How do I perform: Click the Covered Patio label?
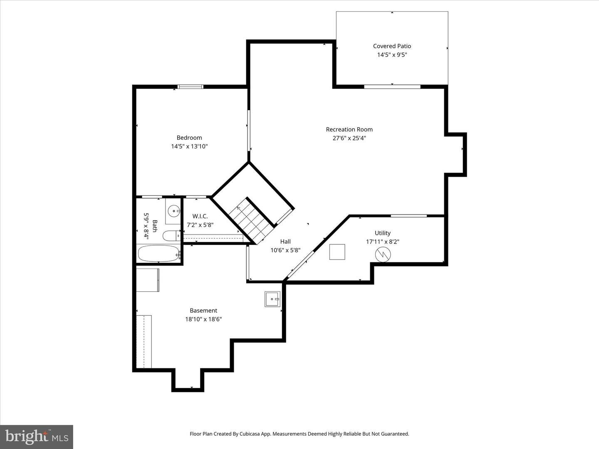392,46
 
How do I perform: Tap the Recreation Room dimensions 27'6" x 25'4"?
349,138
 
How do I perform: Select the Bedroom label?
189,138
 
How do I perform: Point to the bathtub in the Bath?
158,254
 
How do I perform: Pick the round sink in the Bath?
173,211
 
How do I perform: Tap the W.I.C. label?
200,216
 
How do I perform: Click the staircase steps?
251,221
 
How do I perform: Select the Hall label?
285,241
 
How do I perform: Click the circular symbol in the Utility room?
383,254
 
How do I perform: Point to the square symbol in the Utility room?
337,252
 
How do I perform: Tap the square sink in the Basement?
272,299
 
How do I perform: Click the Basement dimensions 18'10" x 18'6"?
203,319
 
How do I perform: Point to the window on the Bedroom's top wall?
191,87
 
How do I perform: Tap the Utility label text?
382,233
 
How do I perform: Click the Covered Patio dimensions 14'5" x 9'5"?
392,55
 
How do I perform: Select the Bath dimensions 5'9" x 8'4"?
146,226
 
